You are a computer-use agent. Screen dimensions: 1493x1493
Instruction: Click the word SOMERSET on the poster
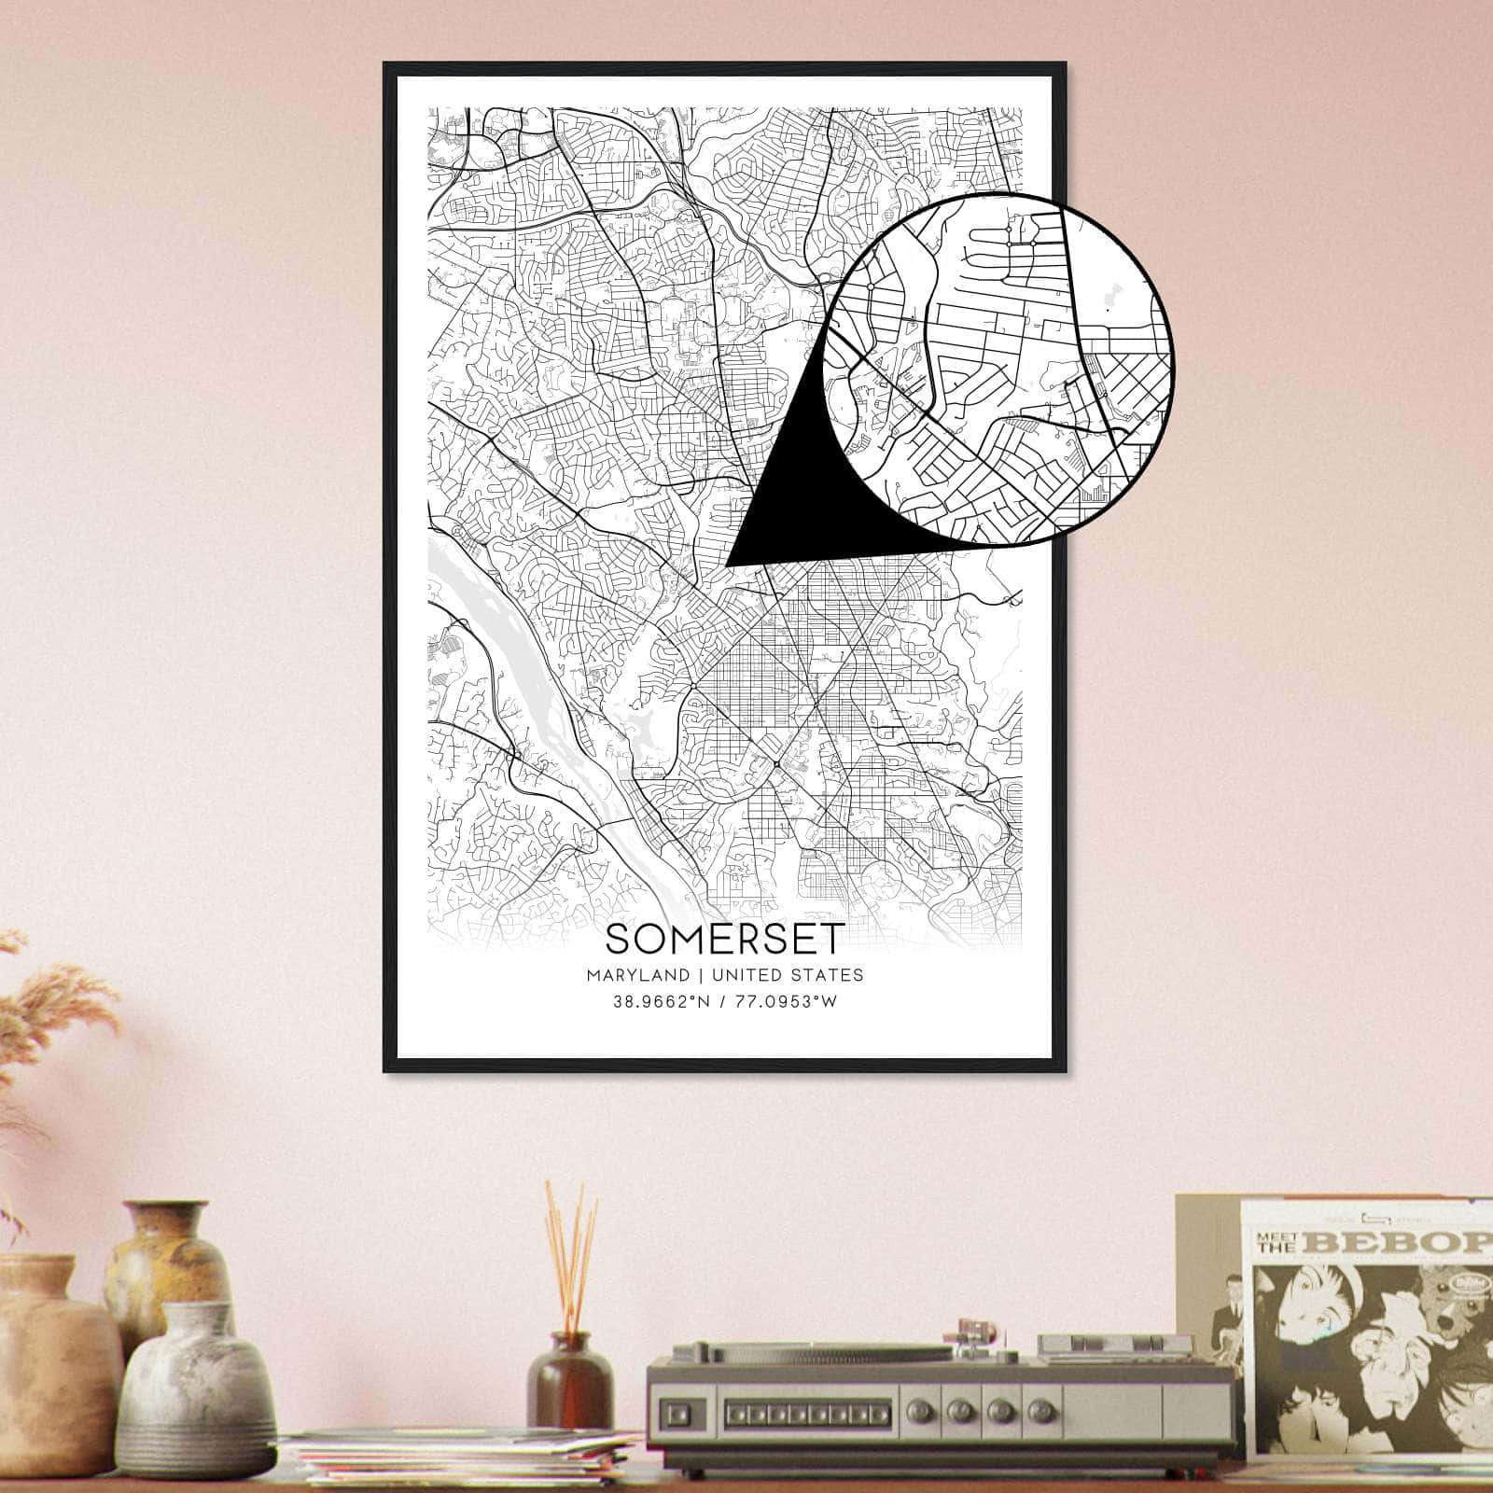[x=725, y=938]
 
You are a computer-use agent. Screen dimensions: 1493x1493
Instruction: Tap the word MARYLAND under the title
[x=639, y=975]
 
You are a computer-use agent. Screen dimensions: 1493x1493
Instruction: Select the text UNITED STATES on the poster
[x=787, y=975]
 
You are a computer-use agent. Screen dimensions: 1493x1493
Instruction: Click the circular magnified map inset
[x=998, y=369]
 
